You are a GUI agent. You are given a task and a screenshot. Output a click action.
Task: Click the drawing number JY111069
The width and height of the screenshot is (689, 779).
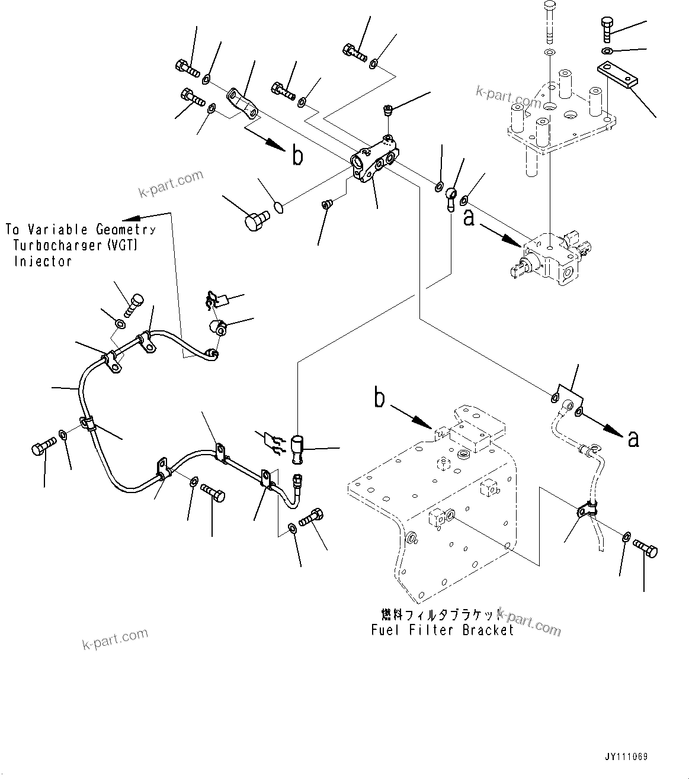tap(626, 757)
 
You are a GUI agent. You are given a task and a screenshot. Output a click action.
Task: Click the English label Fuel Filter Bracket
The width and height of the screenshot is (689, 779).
tap(443, 630)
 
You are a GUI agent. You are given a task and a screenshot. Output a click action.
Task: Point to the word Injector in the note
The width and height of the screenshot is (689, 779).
tap(43, 261)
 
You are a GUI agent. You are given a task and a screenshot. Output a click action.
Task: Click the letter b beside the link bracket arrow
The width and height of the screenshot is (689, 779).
tap(297, 156)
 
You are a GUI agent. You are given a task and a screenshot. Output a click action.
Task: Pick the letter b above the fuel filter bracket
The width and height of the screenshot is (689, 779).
tap(379, 398)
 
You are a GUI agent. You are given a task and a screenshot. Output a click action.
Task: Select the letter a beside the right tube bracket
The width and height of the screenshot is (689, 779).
tap(633, 438)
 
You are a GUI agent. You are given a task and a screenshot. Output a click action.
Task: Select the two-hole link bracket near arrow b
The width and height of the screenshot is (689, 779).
tap(242, 102)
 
